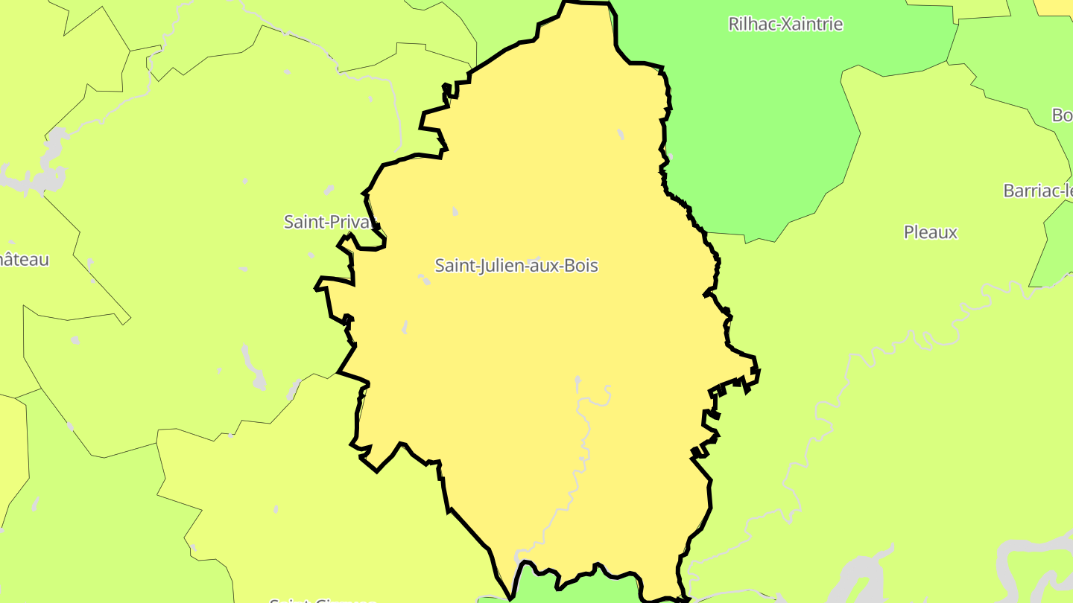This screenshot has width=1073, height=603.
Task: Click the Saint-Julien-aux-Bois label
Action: (516, 265)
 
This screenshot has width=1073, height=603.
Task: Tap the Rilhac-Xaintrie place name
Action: (785, 24)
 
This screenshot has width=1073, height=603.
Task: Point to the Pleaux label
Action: (930, 232)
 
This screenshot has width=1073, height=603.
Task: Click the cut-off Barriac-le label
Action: (1038, 191)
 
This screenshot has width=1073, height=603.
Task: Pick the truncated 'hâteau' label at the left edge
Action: (24, 260)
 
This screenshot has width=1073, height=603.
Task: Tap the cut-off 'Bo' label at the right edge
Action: (1062, 115)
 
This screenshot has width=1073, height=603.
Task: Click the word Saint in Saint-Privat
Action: (301, 221)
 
